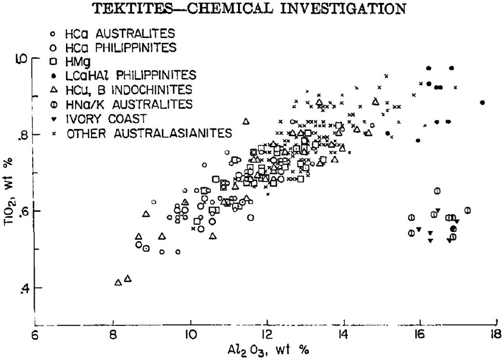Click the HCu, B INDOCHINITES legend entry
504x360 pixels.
coord(129,90)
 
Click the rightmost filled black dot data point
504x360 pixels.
coord(482,102)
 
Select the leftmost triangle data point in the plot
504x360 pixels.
coord(118,282)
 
